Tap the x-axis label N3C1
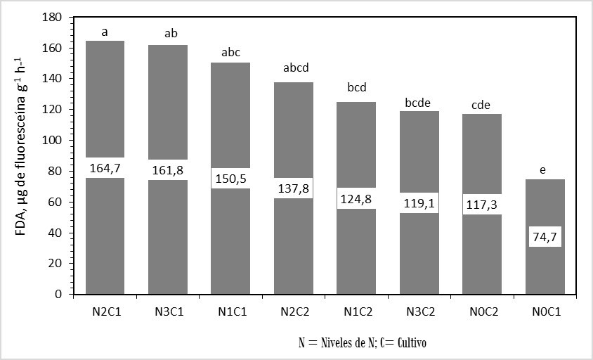[x=167, y=311]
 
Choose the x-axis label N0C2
[x=481, y=311]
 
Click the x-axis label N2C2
[x=293, y=311]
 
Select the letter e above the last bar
[x=544, y=169]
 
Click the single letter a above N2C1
[x=105, y=32]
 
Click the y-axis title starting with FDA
[x=22, y=155]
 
